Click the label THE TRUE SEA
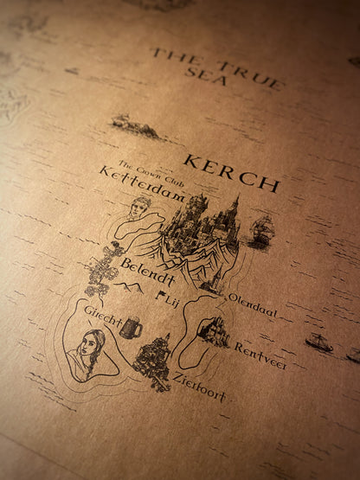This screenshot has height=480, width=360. click(216, 68)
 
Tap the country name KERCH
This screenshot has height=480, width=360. click(231, 173)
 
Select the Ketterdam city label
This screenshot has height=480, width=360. click(143, 184)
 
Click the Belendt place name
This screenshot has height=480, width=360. click(148, 271)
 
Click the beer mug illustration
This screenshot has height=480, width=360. click(130, 327)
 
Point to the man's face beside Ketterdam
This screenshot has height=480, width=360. click(138, 208)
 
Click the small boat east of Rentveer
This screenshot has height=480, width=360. click(318, 342)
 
